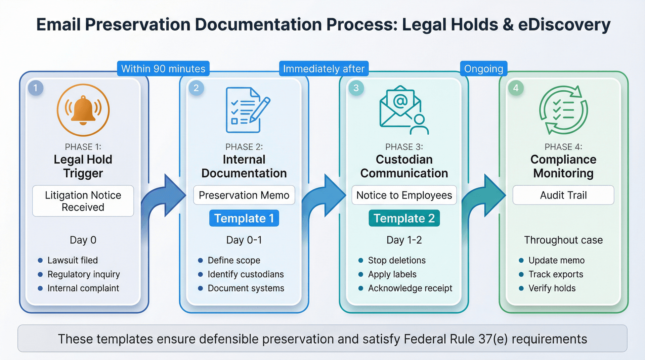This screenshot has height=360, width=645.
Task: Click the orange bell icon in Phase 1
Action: point(83,110)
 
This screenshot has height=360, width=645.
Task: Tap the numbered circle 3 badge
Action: point(356,88)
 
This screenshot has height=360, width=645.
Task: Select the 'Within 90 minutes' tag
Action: point(163,69)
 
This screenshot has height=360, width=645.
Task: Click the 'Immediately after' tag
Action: point(324,69)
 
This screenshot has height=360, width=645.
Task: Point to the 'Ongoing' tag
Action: point(483,69)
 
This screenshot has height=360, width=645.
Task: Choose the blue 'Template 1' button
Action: point(244,218)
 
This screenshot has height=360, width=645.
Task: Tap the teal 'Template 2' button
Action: point(404,218)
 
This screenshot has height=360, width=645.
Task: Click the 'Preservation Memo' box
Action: point(244,195)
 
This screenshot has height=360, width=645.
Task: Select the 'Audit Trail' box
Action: point(563,195)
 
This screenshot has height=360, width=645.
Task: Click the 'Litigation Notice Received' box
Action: point(83,201)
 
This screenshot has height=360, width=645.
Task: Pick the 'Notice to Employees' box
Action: point(404,195)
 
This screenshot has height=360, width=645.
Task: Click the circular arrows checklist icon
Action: point(563,110)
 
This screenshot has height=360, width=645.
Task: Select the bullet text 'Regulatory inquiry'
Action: point(83,274)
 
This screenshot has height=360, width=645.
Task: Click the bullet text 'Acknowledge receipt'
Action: point(410,288)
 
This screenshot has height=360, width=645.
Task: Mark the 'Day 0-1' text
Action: point(244,240)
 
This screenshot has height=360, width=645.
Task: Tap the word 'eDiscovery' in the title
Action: point(564,25)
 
